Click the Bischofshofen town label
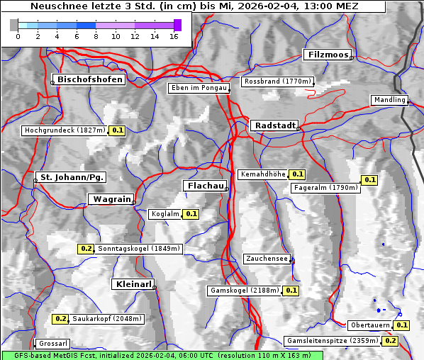tap(91, 79)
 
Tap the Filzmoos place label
tap(327, 55)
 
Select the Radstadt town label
tap(274, 125)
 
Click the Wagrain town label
tap(111, 199)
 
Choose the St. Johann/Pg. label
tap(72, 176)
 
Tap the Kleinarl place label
tap(133, 284)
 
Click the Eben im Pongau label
tap(198, 88)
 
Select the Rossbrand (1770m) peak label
tap(277, 81)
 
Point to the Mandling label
tap(389, 100)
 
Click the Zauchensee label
tap(266, 259)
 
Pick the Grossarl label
tap(52, 344)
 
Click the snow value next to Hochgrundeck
tap(118, 130)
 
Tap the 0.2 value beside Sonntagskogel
tap(86, 249)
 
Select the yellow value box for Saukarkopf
tap(61, 319)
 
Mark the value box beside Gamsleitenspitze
tap(391, 341)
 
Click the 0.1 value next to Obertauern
tap(402, 325)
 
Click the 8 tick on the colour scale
tap(96, 35)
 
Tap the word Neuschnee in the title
tap(54, 6)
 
